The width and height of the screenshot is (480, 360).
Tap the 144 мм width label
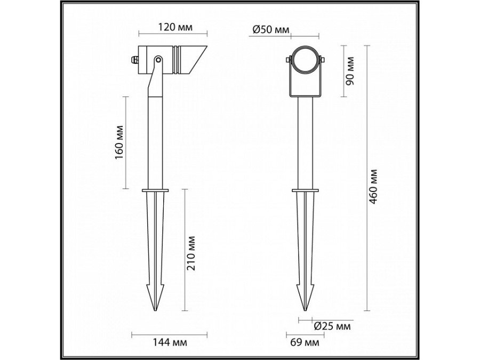pyautogui.click(x=162, y=342)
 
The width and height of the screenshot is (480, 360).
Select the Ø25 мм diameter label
pyautogui.click(x=332, y=325)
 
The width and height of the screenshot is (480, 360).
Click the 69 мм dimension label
pyautogui.click(x=306, y=342)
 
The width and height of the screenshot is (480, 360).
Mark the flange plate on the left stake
pyautogui.click(x=155, y=190)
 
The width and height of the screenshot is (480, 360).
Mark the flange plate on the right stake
pyautogui.click(x=305, y=190)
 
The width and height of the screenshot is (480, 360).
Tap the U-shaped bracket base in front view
pyautogui.click(x=305, y=97)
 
